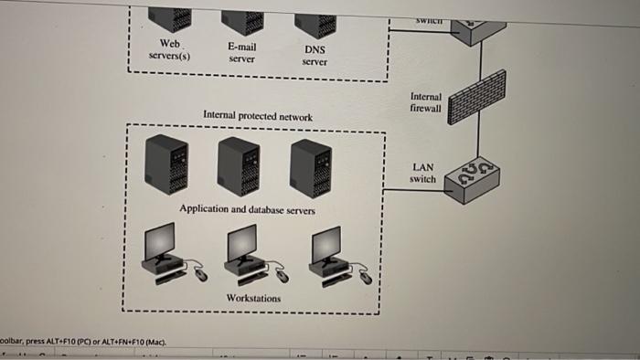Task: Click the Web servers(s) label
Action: pyautogui.click(x=169, y=49)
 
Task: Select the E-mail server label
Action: pyautogui.click(x=241, y=52)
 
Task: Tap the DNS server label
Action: pyautogui.click(x=315, y=56)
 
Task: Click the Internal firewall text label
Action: pyautogui.click(x=426, y=101)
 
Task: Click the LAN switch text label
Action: pyautogui.click(x=423, y=173)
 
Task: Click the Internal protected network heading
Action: pyautogui.click(x=257, y=117)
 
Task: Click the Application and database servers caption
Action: pyautogui.click(x=247, y=209)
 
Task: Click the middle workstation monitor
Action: pyautogui.click(x=243, y=243)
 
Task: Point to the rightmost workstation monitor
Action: pyautogui.click(x=325, y=243)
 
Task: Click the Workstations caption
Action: pyautogui.click(x=253, y=299)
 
